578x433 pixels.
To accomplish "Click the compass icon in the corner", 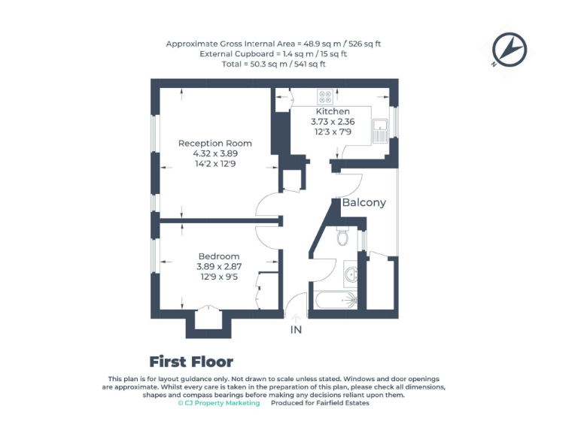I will click(509, 50).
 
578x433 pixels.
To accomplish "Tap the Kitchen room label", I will click(332, 111).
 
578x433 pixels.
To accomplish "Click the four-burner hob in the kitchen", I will click(326, 97).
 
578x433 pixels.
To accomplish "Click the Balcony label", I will click(364, 202).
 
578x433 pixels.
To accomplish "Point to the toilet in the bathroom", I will click(343, 237).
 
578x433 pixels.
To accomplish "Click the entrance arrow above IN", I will click(295, 318).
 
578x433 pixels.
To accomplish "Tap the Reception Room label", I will click(214, 143).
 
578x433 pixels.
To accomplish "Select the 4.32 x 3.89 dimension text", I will click(214, 153).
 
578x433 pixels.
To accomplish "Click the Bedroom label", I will click(218, 256).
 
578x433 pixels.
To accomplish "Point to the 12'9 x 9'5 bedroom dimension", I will click(218, 277).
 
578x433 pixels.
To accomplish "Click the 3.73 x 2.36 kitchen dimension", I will click(332, 121).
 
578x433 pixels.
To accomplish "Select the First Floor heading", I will click(191, 362).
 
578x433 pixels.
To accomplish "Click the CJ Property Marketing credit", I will click(219, 403).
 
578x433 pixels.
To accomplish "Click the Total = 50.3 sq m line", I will click(273, 64).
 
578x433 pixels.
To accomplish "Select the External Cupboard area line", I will click(273, 54).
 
